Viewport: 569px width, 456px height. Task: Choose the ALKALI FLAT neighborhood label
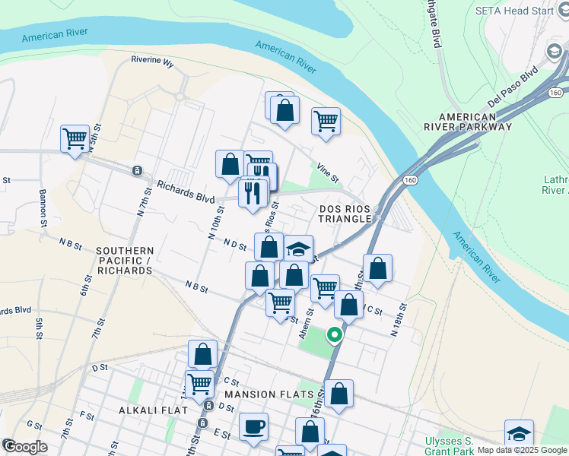tap(147, 410)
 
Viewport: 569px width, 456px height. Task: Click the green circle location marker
tap(333, 334)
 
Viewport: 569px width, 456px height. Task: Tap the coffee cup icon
tap(253, 426)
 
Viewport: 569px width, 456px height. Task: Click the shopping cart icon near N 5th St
tap(75, 138)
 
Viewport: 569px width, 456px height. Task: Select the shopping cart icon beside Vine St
tap(326, 120)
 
